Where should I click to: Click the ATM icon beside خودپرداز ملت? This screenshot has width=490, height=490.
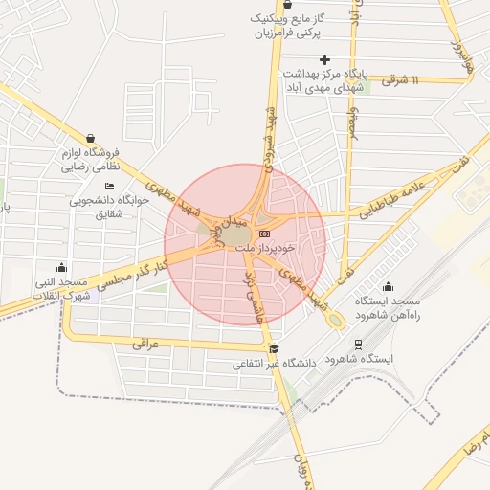[265, 234]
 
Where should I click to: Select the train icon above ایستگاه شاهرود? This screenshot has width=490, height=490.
[358, 344]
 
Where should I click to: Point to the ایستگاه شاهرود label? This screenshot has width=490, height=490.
[359, 358]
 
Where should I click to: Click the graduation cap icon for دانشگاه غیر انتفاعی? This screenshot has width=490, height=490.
[274, 349]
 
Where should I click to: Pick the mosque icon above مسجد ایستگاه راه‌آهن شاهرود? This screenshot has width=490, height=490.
[388, 286]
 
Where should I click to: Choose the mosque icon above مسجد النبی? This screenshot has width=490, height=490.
[62, 267]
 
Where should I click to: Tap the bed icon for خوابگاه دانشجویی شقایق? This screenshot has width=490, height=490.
[109, 186]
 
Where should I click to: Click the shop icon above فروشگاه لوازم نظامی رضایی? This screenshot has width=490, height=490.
[90, 138]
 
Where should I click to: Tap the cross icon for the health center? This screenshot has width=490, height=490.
[325, 59]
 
